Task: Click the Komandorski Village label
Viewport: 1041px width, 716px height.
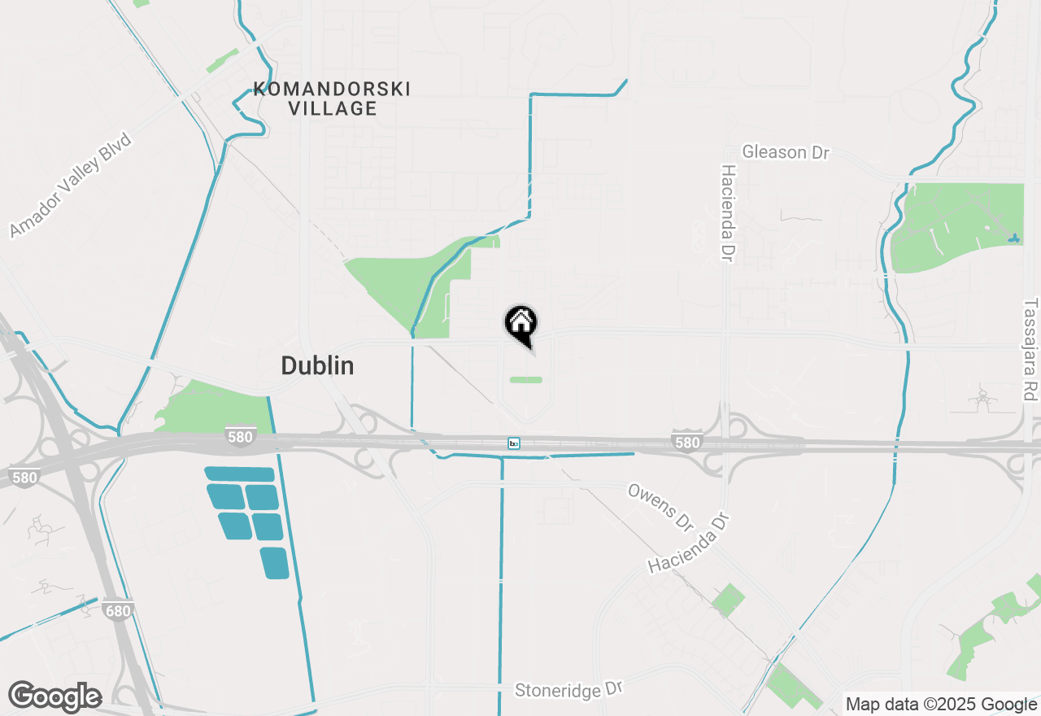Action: pyautogui.click(x=332, y=98)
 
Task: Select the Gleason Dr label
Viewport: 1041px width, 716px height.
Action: pyautogui.click(x=786, y=152)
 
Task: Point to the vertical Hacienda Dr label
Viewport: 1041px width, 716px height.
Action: pyautogui.click(x=728, y=213)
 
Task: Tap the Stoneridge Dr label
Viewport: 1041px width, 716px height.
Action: pyautogui.click(x=568, y=690)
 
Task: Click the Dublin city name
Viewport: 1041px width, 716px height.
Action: pyautogui.click(x=317, y=366)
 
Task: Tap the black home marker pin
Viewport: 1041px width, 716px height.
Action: pyautogui.click(x=520, y=323)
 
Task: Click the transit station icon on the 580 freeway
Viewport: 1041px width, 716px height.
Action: pyautogui.click(x=514, y=443)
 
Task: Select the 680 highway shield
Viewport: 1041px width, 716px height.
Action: pyautogui.click(x=118, y=609)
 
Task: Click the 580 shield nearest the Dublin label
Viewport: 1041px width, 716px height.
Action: pyautogui.click(x=240, y=438)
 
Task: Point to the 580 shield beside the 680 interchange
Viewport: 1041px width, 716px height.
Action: pyautogui.click(x=24, y=478)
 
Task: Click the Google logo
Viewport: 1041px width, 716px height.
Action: pyautogui.click(x=54, y=697)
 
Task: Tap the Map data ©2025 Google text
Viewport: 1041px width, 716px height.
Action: pyautogui.click(x=940, y=705)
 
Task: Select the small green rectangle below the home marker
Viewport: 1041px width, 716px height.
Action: pyautogui.click(x=526, y=380)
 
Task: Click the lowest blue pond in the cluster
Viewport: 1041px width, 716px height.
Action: pyautogui.click(x=275, y=563)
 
